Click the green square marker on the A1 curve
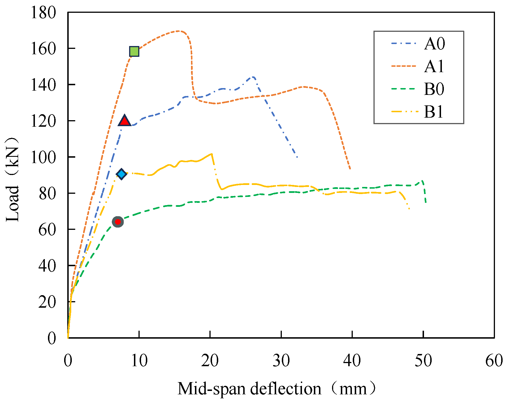(134, 51)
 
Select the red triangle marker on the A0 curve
(124, 121)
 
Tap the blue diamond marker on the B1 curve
(121, 174)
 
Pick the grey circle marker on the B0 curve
(118, 222)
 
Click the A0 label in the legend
(434, 44)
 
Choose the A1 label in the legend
(434, 66)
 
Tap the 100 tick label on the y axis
(43, 157)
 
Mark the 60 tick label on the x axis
(494, 361)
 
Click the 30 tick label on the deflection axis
(281, 361)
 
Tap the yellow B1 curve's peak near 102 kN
(211, 154)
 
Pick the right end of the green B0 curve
(426, 202)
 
